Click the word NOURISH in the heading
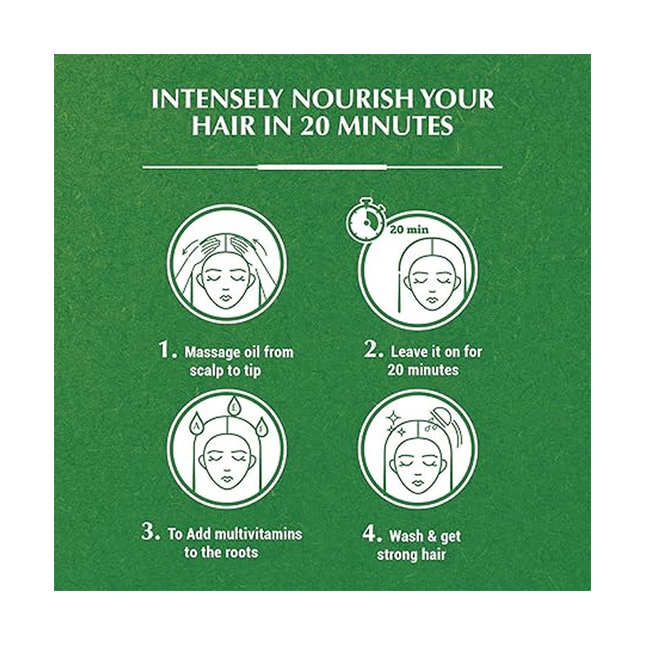click(x=353, y=99)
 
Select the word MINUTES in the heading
click(x=395, y=126)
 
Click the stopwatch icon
click(x=366, y=218)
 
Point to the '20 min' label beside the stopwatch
click(x=410, y=229)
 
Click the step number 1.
click(x=168, y=350)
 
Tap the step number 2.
click(x=373, y=349)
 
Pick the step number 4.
click(x=372, y=534)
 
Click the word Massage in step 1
click(x=212, y=353)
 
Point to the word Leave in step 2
click(x=406, y=352)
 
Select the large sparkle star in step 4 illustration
click(x=393, y=418)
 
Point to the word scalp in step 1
click(x=206, y=371)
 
